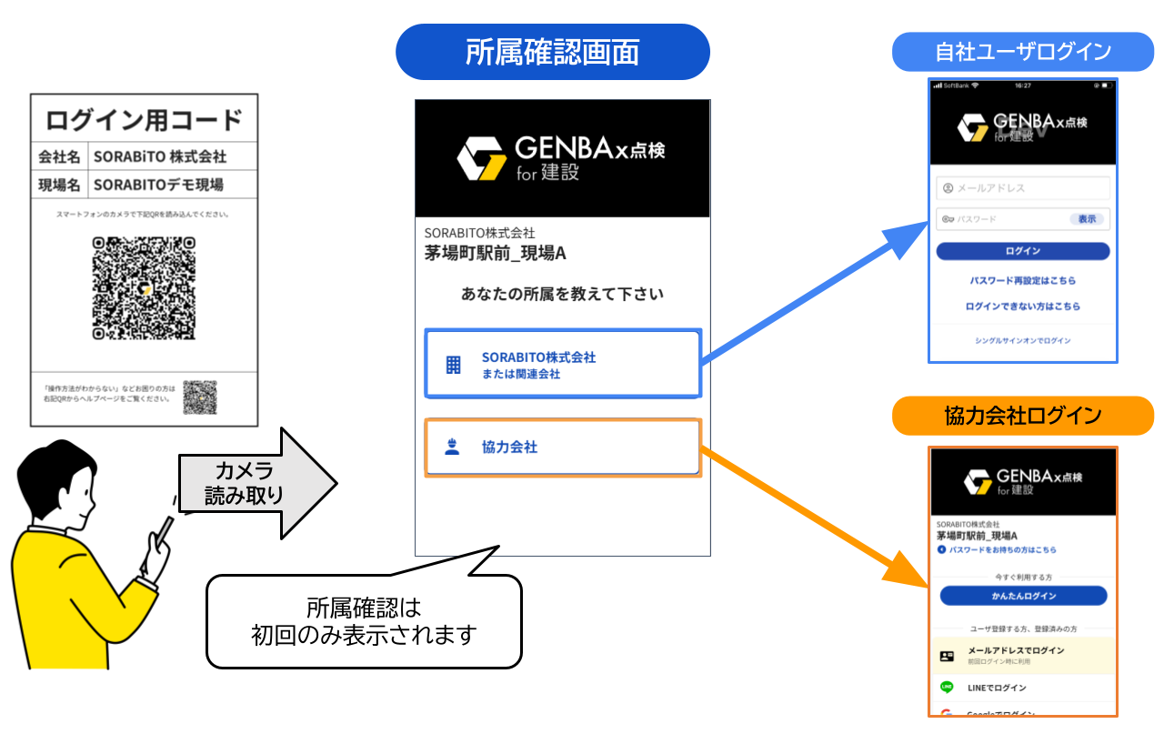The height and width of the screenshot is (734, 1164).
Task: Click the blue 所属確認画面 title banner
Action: tap(552, 52)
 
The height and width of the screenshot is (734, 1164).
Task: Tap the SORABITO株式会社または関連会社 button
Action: tap(562, 364)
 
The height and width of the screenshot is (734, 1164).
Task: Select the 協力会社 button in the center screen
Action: tap(562, 447)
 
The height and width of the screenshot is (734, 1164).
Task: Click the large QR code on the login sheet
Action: tap(144, 287)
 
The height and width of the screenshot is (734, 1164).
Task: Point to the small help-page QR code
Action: tap(200, 397)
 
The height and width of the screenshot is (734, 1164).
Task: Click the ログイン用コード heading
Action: tap(144, 119)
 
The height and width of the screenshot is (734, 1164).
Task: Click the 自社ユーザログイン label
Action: tap(1023, 52)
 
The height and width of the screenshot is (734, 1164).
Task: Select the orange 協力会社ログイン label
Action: tap(1023, 416)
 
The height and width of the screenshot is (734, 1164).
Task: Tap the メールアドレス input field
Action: tap(1023, 188)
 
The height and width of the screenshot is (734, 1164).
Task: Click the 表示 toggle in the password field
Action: tap(1087, 219)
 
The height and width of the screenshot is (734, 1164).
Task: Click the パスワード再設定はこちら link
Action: tap(1023, 280)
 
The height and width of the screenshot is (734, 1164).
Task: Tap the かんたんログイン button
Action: tap(1023, 596)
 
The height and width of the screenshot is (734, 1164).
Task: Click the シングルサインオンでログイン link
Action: tap(1023, 340)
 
